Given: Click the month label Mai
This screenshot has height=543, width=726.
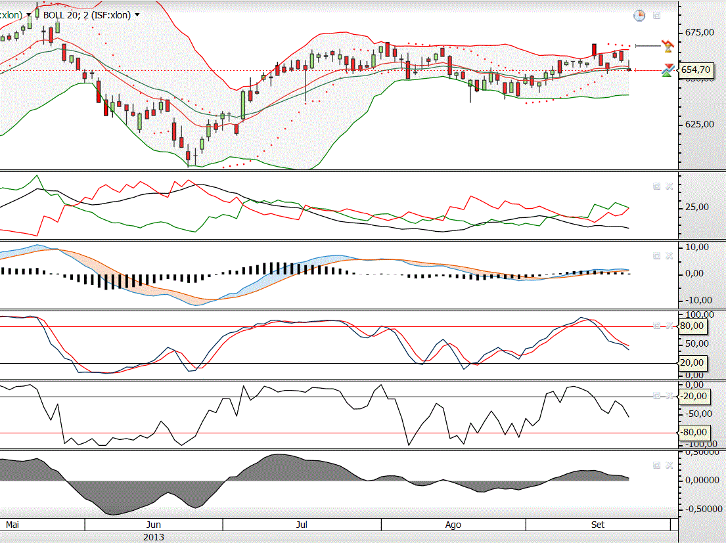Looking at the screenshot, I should point(12,525).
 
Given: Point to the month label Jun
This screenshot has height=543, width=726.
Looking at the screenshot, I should point(153,525).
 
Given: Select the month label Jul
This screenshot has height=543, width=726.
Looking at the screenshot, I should point(302,525).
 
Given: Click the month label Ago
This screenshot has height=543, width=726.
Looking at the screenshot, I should point(453,525).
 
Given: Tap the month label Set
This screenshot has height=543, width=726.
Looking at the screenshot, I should point(598,525).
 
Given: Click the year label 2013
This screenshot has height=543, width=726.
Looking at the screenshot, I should point(154,537).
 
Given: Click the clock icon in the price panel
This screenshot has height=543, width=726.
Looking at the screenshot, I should point(639,15).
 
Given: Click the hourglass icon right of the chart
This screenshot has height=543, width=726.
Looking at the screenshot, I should point(668,46).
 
